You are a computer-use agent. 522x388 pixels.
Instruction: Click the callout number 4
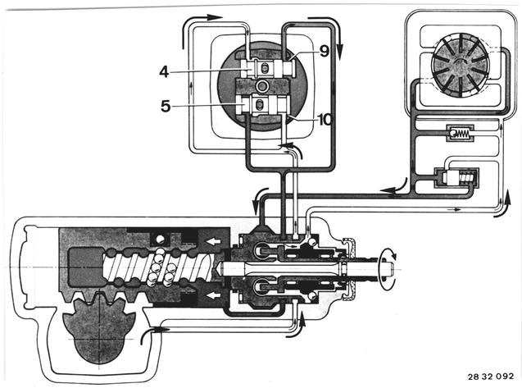(x=164, y=71)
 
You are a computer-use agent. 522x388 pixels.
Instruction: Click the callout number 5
(x=166, y=107)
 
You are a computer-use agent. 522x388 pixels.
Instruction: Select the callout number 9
(x=324, y=51)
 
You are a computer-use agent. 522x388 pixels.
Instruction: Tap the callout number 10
(x=325, y=120)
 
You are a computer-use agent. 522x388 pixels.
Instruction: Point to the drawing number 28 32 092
(x=490, y=377)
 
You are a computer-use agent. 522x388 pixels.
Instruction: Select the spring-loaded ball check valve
(x=460, y=134)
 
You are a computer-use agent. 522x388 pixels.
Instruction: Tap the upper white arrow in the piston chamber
(x=211, y=240)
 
